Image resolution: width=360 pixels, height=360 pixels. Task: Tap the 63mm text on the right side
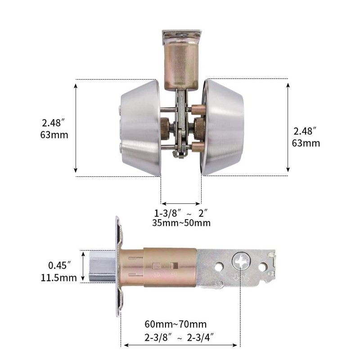tap(306, 144)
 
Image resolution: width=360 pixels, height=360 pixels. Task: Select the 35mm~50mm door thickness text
tap(182, 223)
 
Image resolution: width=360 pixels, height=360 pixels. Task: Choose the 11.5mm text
tap(59, 278)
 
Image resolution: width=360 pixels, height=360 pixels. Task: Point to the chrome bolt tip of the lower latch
tap(103, 266)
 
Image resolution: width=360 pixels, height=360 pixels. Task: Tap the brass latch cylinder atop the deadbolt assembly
tap(180, 63)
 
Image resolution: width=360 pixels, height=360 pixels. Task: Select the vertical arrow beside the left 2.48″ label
tap(76, 127)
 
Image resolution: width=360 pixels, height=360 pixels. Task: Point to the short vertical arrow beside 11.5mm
tap(84, 266)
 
